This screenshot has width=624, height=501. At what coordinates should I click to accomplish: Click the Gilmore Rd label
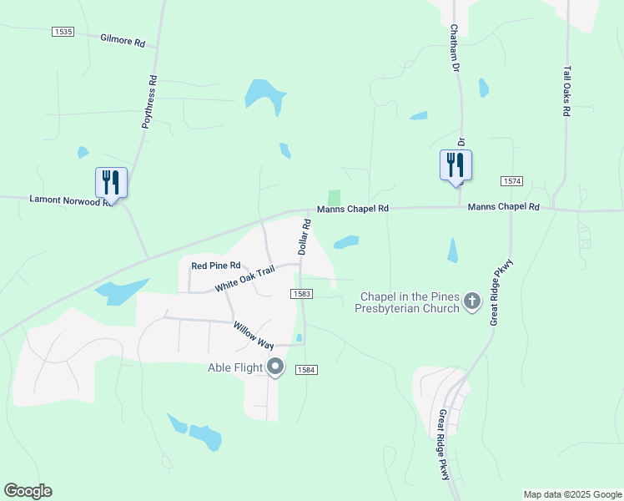(x=123, y=40)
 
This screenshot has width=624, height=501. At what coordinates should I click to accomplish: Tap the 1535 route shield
(x=63, y=32)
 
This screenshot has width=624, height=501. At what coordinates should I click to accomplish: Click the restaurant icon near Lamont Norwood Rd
(x=111, y=182)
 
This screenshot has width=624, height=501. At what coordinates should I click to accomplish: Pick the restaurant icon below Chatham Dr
(x=455, y=164)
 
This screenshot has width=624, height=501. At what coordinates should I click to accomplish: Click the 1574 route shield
(x=511, y=181)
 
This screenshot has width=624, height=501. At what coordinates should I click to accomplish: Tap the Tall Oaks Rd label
(x=566, y=91)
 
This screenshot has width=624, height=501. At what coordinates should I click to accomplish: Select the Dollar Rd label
(x=305, y=237)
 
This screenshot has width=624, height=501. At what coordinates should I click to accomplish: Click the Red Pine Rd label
(x=210, y=266)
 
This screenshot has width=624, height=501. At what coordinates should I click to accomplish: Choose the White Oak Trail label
(x=244, y=279)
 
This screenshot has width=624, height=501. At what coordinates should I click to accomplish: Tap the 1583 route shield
(x=302, y=294)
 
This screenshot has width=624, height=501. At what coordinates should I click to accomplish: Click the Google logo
(x=28, y=491)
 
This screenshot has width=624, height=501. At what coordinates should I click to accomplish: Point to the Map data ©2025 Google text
(x=571, y=494)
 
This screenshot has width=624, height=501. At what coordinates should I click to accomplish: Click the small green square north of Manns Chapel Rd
(x=335, y=197)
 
